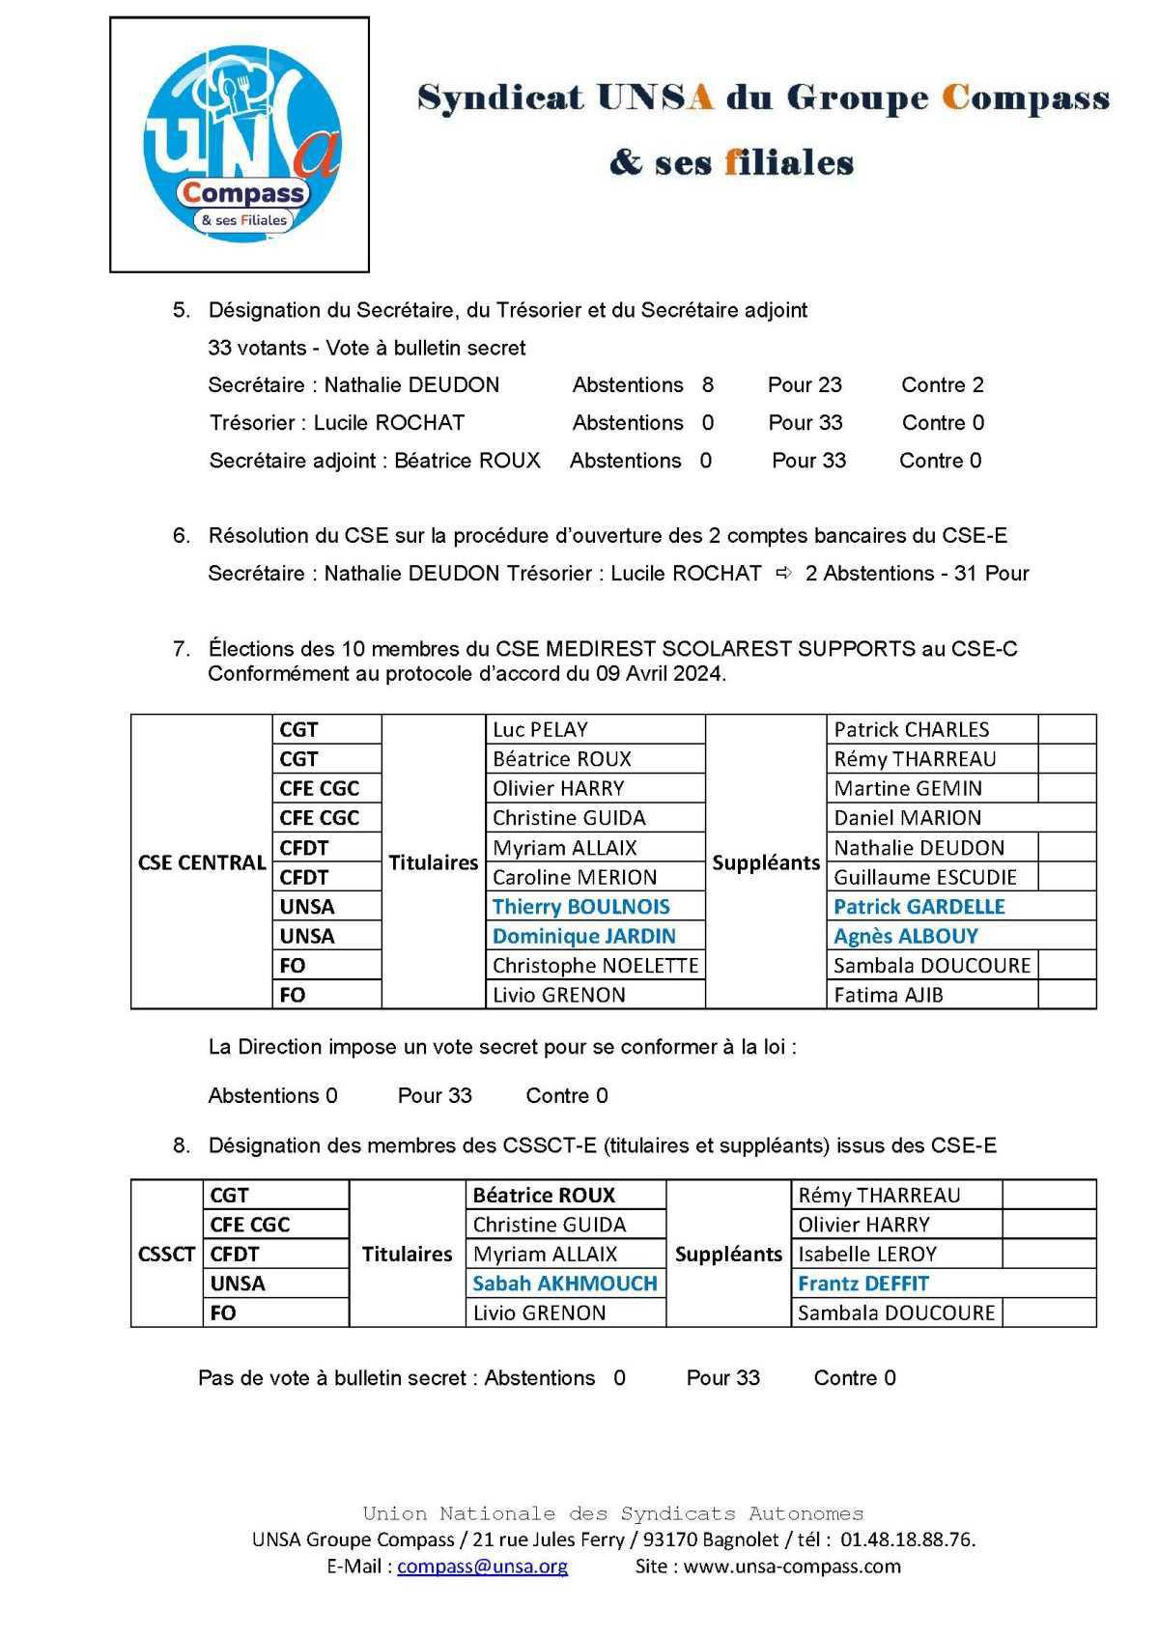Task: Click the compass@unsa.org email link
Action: (x=482, y=1566)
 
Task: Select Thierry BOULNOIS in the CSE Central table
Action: (x=580, y=906)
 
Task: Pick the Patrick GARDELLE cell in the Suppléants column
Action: (x=919, y=906)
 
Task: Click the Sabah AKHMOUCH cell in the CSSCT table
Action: (x=564, y=1283)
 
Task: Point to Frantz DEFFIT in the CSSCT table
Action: (x=862, y=1283)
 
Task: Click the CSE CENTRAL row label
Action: (x=202, y=862)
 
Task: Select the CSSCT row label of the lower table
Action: (x=166, y=1254)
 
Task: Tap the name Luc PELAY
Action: (x=540, y=729)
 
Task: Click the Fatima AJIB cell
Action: (x=888, y=994)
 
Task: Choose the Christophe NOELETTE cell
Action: (x=595, y=965)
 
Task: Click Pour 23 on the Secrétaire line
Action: (x=805, y=384)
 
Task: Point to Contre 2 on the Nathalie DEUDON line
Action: (x=942, y=384)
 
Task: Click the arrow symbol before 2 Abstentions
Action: (x=784, y=573)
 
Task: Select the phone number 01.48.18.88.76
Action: (x=907, y=1539)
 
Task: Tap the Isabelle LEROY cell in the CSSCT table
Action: (x=866, y=1254)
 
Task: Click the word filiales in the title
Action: (x=789, y=162)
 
